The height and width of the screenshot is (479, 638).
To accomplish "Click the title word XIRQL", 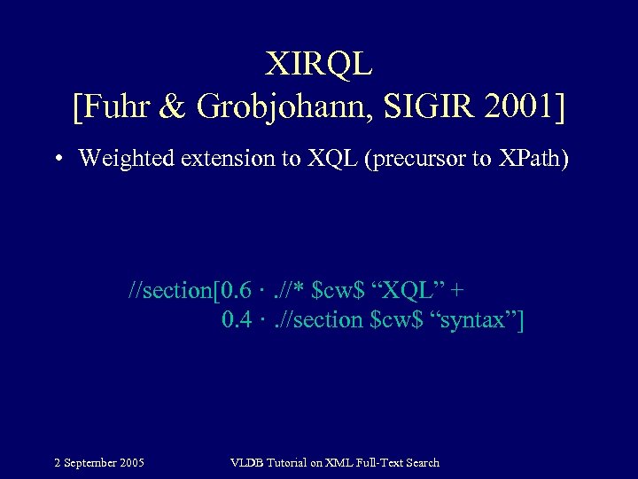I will pos(319,63).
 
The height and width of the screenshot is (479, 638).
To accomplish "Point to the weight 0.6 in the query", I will pos(237,290).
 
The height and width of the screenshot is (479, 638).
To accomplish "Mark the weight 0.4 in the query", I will pos(237,319).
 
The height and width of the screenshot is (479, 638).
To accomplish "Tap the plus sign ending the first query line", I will pos(458,291).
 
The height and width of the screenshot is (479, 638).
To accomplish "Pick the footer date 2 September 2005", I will pos(99,462).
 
